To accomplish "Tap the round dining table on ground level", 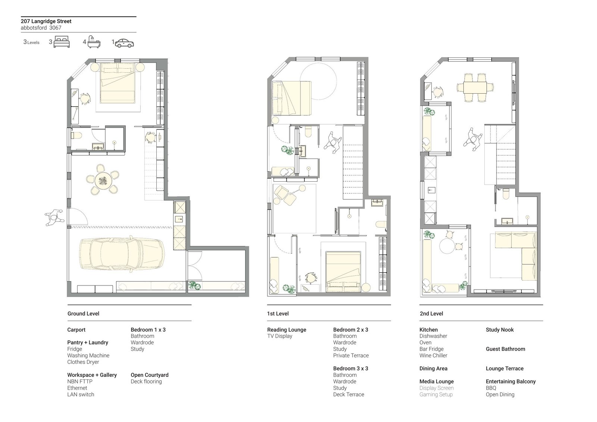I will [x=103, y=181].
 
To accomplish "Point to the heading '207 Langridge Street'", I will [x=46, y=21].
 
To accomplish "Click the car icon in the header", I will [x=124, y=43].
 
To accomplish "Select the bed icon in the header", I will [x=62, y=42].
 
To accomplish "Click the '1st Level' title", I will [x=278, y=313].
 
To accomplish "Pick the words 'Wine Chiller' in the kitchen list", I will [x=433, y=356].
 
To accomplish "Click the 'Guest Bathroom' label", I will [x=505, y=349].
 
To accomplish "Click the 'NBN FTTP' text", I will [x=79, y=381].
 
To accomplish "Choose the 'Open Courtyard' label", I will [x=149, y=375].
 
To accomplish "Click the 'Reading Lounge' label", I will [x=287, y=329].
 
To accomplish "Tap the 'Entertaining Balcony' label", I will [x=510, y=381].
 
